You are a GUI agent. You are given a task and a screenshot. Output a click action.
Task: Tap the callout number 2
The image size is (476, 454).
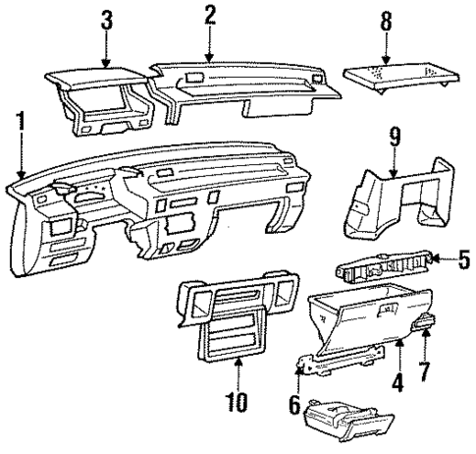tap(209, 13)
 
